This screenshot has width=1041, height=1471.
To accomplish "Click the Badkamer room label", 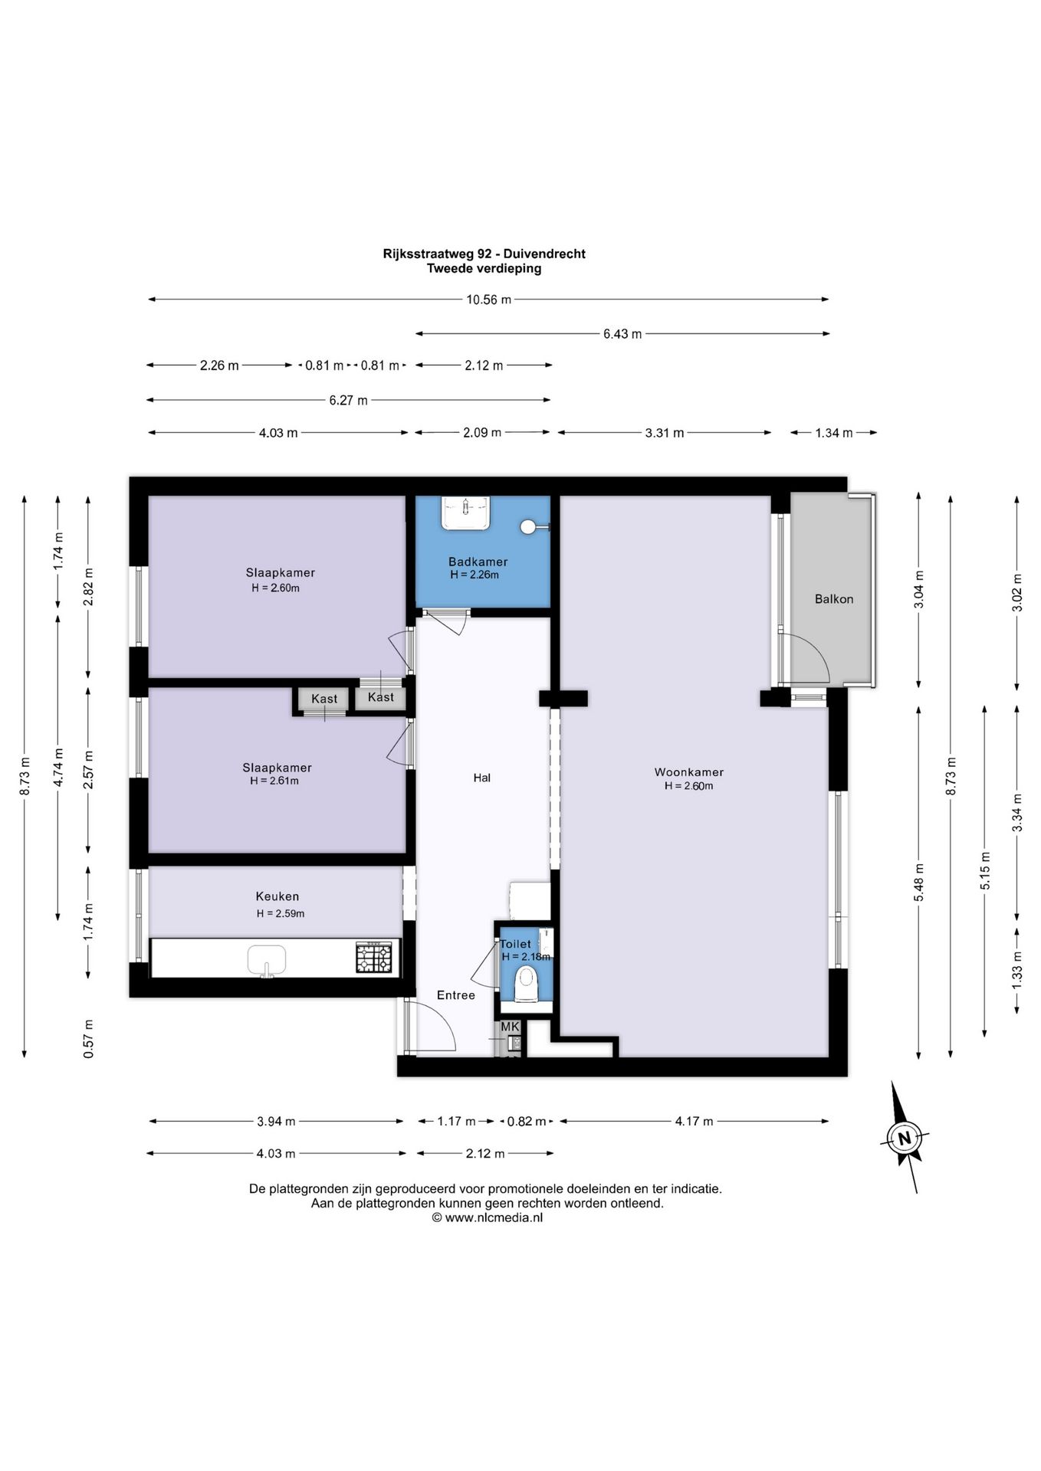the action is point(478,562).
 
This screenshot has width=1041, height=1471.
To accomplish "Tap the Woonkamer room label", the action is point(688,772).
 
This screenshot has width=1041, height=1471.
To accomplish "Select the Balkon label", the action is point(834,599).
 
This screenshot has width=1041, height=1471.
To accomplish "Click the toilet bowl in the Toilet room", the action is point(526,983).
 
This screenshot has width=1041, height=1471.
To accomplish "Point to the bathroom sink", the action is point(465,512).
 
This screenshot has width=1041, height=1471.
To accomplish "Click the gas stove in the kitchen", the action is point(374,958).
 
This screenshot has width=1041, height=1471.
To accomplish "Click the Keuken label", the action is point(277,896).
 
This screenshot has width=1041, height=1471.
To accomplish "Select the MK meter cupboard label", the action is point(510,1027).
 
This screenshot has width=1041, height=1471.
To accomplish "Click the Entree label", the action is point(456,995).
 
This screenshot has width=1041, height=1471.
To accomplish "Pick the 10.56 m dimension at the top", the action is point(489,300).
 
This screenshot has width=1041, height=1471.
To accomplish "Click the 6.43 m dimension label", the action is point(622,334).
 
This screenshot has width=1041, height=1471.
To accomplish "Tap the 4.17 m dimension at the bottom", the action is point(694,1122).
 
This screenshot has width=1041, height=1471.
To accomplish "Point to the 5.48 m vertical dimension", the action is point(919,883).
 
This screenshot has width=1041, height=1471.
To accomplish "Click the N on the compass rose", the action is point(905,1138).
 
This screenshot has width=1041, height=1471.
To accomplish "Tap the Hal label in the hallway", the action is point(482,778).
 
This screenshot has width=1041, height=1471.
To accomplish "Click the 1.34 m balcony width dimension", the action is point(834,433).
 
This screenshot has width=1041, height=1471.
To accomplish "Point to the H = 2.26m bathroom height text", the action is point(475,575).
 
